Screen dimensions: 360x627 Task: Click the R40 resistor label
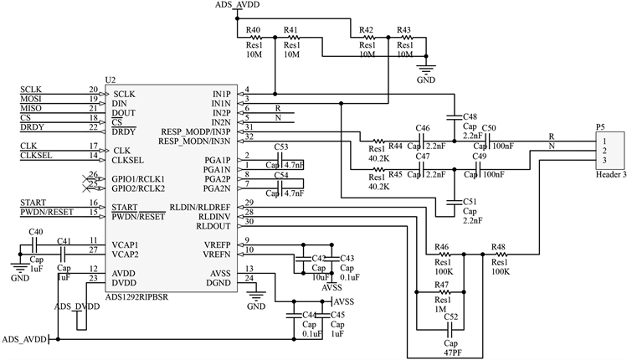point(254,30)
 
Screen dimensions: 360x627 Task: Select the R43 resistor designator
point(403,30)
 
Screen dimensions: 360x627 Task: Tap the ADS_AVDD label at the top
point(238,6)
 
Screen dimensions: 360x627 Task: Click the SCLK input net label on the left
point(31,89)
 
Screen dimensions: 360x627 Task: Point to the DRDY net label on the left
point(33,126)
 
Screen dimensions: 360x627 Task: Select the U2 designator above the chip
point(110,80)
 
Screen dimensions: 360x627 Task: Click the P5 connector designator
point(599,126)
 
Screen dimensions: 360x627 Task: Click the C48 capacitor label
point(469,116)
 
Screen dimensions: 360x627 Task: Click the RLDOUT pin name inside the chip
point(214,224)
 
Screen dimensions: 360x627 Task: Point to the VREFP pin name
point(218,244)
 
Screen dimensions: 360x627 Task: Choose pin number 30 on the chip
point(249,222)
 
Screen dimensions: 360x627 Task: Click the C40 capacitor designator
point(36,232)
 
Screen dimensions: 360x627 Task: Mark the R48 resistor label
point(498,247)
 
